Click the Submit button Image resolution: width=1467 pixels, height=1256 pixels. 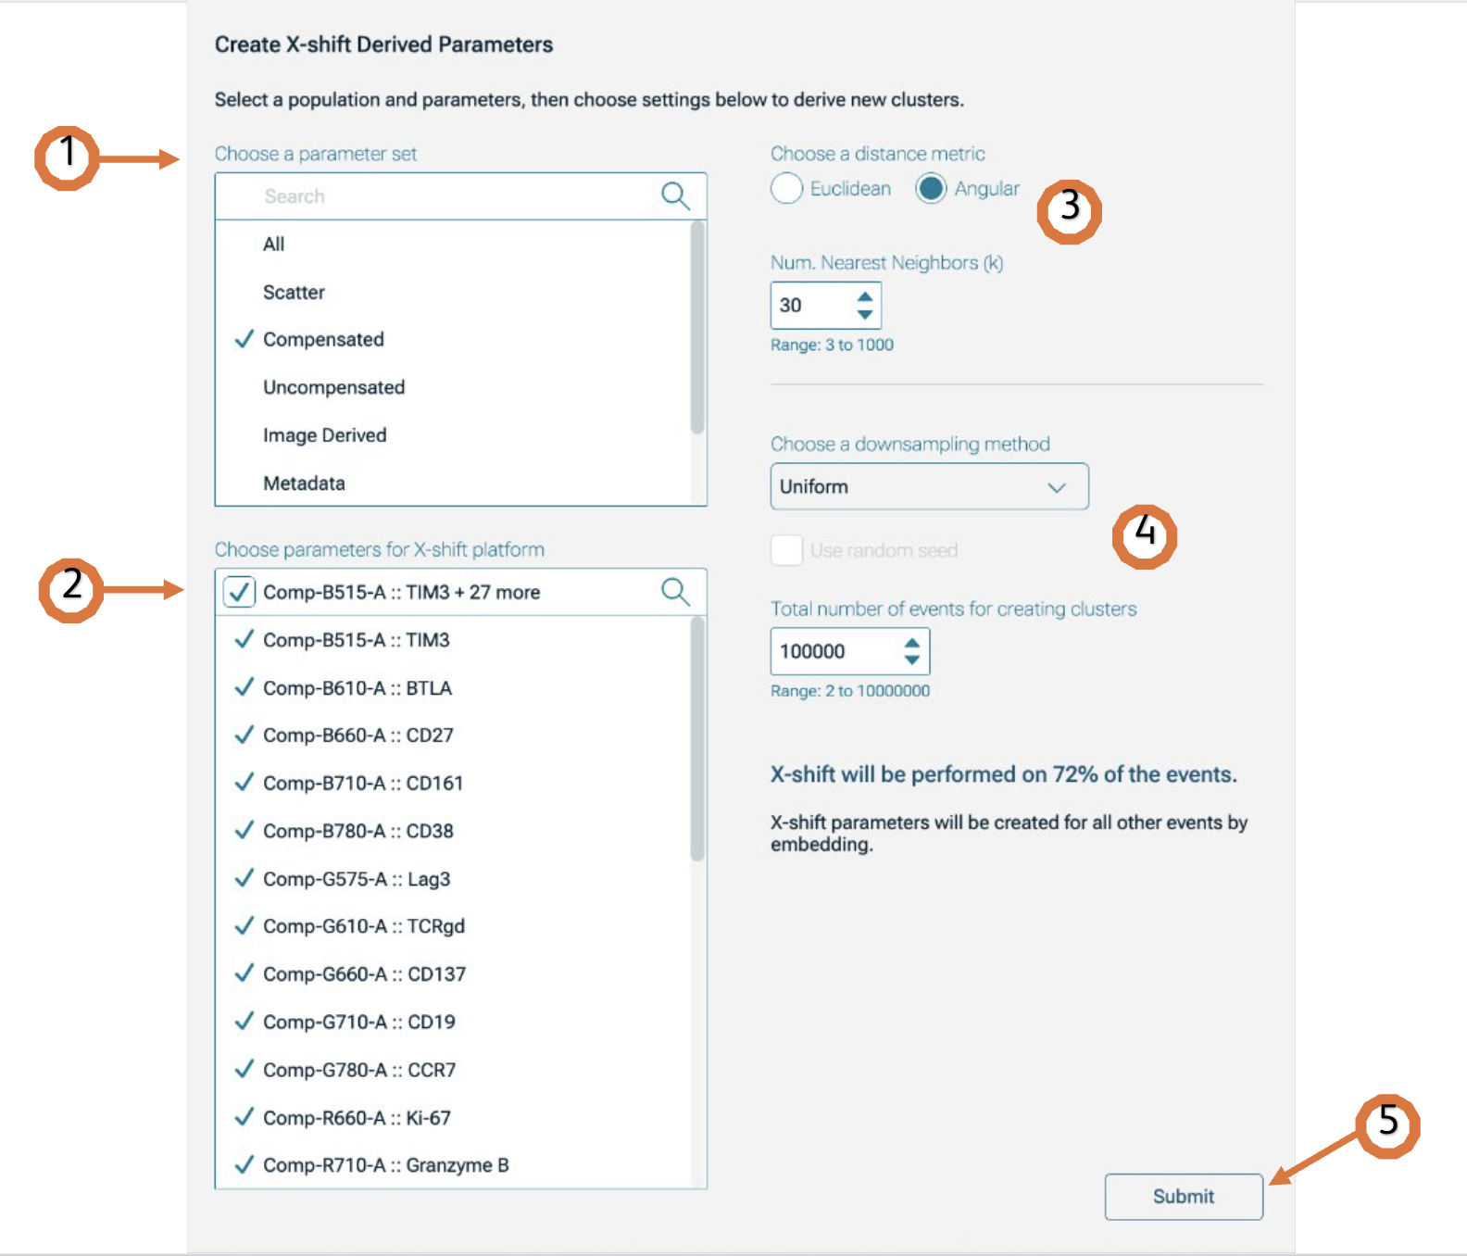point(1183,1196)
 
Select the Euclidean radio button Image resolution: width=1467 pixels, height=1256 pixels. point(786,188)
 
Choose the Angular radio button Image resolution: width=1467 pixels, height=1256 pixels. point(931,188)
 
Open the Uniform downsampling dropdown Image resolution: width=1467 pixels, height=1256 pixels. point(929,486)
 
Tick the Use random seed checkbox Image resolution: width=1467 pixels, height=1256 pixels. point(786,550)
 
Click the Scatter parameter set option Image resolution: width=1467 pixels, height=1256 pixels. point(294,293)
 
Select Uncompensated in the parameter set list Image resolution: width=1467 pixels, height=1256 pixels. point(333,387)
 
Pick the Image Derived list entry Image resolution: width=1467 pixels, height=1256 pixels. point(324,435)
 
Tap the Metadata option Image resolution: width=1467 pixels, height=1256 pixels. point(304,484)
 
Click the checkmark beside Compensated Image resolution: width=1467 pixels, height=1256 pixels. point(244,339)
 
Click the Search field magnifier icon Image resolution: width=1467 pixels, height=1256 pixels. point(675,195)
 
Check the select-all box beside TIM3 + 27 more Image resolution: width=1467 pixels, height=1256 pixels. point(239,592)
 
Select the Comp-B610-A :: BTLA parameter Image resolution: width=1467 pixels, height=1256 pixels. point(357,688)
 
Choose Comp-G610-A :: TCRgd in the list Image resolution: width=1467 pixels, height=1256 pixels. point(363,926)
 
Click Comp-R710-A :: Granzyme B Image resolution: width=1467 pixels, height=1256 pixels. point(385,1165)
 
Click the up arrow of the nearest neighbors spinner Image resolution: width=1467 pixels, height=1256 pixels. point(865,296)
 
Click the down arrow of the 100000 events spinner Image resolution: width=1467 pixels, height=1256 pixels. point(912,659)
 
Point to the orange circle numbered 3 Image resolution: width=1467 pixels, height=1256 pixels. point(1069,212)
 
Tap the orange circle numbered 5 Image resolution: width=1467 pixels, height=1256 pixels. point(1387,1125)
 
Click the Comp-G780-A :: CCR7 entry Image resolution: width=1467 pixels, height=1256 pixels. point(359,1070)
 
